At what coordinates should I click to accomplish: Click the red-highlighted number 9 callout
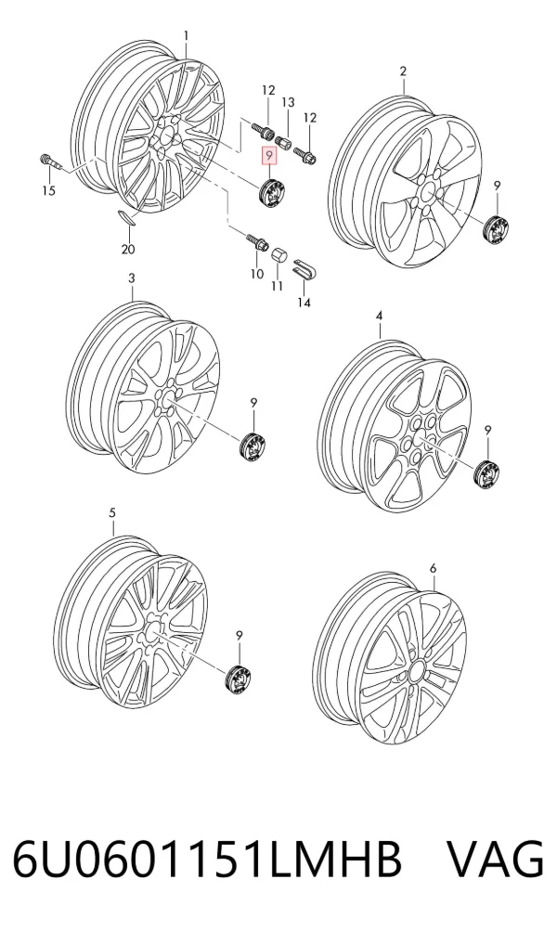[x=269, y=157]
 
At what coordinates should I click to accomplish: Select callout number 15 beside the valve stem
[x=48, y=190]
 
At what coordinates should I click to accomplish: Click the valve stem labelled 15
[x=50, y=162]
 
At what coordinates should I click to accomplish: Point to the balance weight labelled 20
[x=125, y=217]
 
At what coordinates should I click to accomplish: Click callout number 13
[x=288, y=103]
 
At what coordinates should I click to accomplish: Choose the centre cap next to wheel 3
[x=253, y=446]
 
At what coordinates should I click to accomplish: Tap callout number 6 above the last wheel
[x=433, y=568]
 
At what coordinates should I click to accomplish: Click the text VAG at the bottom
[x=495, y=859]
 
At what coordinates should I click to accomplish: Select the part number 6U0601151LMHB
[x=207, y=859]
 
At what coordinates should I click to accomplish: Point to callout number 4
[x=380, y=317]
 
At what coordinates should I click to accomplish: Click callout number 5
[x=113, y=512]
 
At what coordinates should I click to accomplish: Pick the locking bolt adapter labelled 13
[x=282, y=143]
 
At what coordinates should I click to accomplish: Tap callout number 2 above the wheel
[x=403, y=71]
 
